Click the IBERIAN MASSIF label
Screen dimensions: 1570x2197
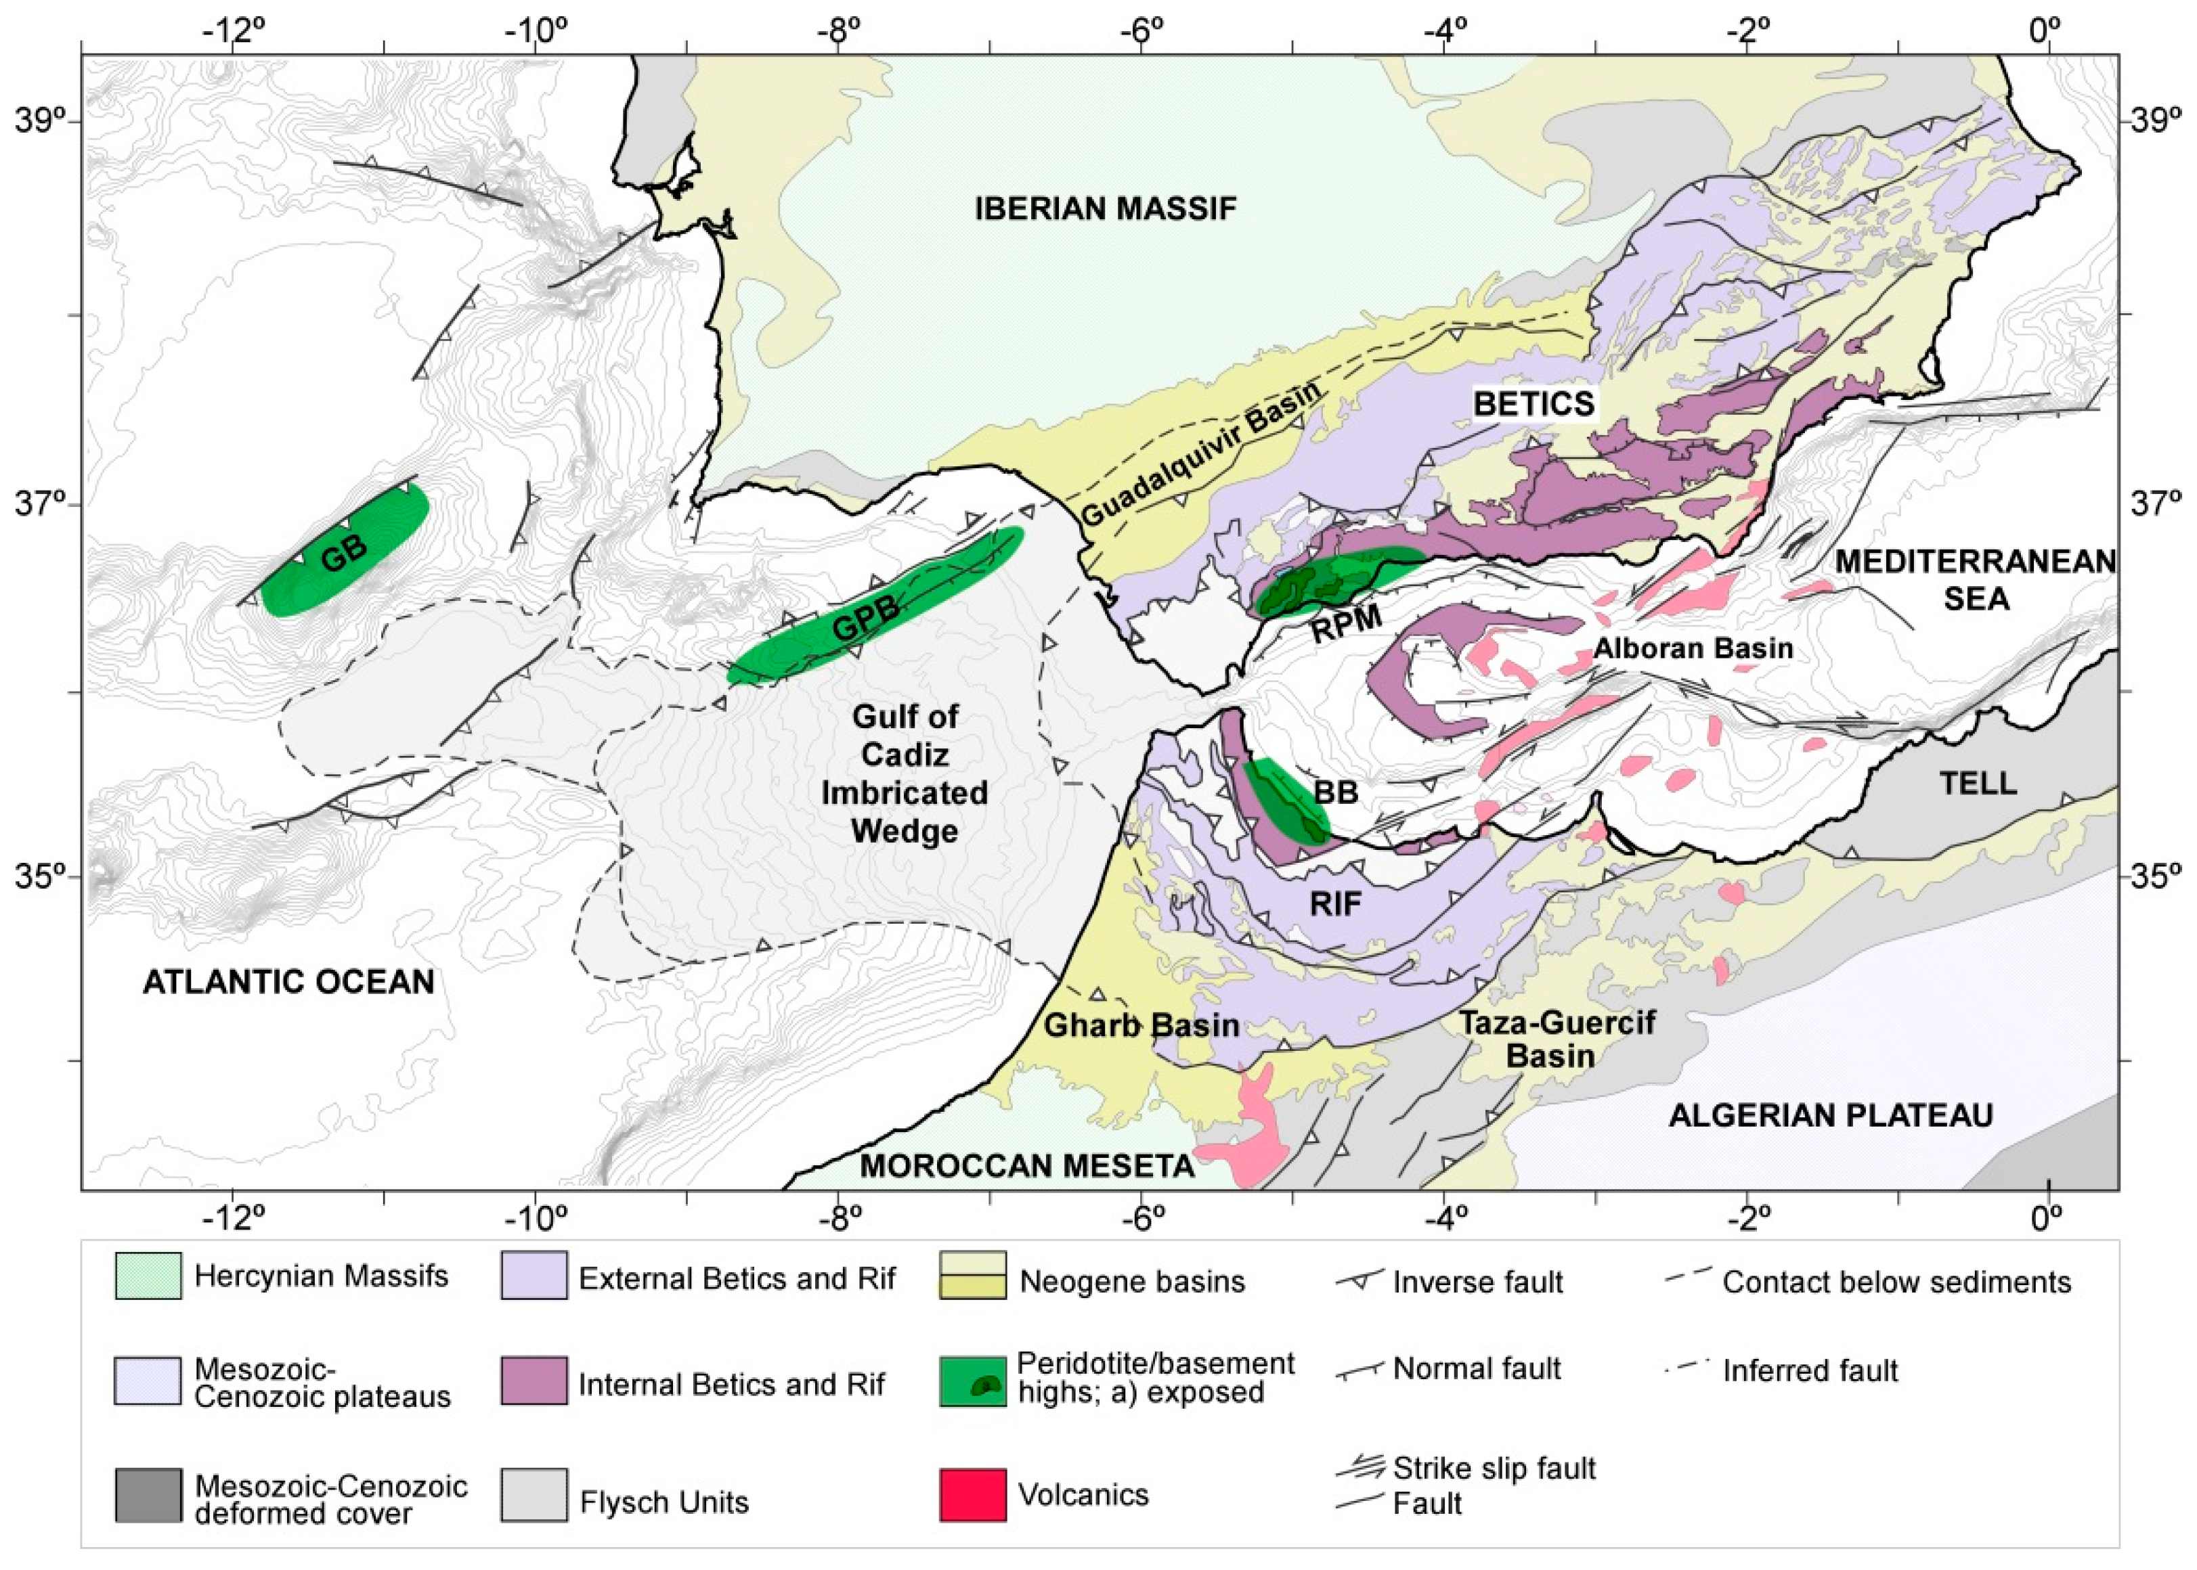click(1104, 209)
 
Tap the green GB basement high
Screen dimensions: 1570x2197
click(343, 553)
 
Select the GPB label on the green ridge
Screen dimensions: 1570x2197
click(865, 619)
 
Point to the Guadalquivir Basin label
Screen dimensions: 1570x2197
click(1199, 454)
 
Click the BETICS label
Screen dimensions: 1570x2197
click(1533, 403)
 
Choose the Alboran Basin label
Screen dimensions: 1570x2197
click(1692, 648)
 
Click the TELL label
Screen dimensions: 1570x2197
click(1978, 783)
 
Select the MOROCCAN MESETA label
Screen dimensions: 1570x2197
click(1027, 1166)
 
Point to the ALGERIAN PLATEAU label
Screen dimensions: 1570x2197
click(1831, 1116)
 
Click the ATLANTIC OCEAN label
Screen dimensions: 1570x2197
click(288, 982)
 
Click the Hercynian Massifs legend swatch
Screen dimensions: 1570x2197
click(148, 1276)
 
